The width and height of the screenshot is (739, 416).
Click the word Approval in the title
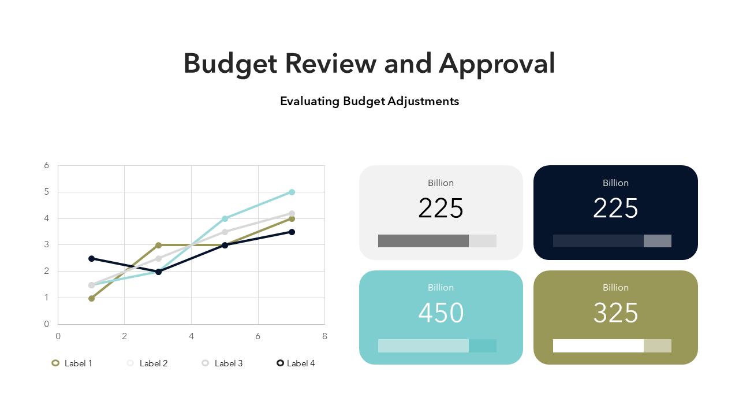click(497, 63)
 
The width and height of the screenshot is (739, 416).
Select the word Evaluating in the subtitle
click(309, 101)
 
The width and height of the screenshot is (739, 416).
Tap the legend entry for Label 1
click(72, 363)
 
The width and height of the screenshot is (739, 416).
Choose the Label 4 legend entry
click(296, 363)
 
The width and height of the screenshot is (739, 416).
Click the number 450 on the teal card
click(441, 313)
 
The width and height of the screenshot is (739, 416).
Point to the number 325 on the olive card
click(615, 313)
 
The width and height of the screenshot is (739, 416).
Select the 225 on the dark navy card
click(615, 209)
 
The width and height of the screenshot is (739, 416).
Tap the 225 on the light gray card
click(441, 209)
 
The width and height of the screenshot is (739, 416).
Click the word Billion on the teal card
click(441, 288)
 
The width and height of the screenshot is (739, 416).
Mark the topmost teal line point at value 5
click(292, 192)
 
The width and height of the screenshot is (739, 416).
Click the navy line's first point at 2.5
click(91, 258)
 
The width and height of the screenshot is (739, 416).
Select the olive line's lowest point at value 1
click(91, 298)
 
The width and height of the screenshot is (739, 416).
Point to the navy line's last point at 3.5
click(292, 232)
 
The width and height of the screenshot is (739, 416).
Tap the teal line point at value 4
click(225, 218)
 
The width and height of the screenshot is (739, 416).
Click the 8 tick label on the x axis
click(324, 336)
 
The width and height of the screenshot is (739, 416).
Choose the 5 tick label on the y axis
click(47, 192)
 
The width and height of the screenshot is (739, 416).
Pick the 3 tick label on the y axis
click(47, 245)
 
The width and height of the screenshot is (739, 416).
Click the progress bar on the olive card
click(612, 346)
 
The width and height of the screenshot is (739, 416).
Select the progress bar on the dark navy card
click(612, 241)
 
